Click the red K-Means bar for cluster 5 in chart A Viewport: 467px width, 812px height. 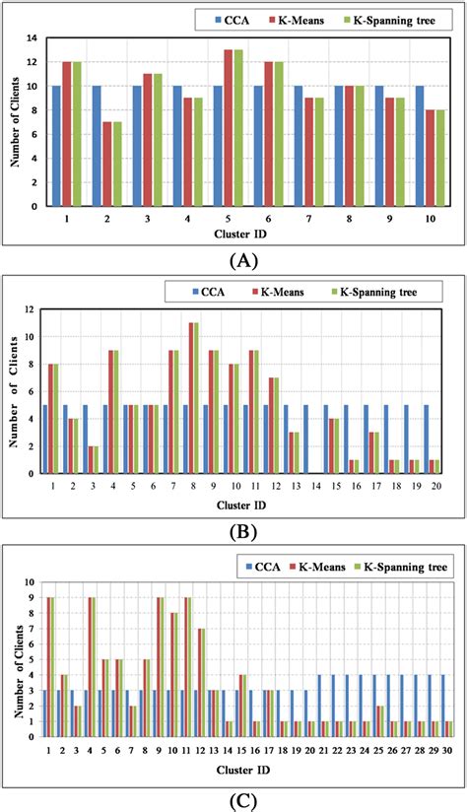coord(229,128)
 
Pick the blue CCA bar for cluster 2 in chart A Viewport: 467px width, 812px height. coord(96,146)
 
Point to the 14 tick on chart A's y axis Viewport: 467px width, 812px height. coord(37,38)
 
